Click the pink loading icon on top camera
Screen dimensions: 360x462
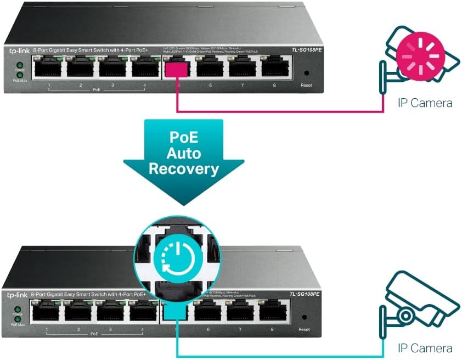[420, 55]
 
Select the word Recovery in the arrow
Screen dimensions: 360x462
[184, 168]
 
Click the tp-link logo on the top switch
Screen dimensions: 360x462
[18, 50]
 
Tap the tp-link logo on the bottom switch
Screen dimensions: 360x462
[16, 295]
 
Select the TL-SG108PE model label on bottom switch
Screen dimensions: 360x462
[305, 295]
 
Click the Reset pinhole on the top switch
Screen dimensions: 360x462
[306, 73]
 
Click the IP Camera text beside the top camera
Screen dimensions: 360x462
[425, 103]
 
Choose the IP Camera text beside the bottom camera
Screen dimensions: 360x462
[425, 348]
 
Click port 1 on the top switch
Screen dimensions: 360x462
[49, 69]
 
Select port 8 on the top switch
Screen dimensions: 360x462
[276, 69]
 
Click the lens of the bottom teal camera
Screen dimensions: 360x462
[405, 316]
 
